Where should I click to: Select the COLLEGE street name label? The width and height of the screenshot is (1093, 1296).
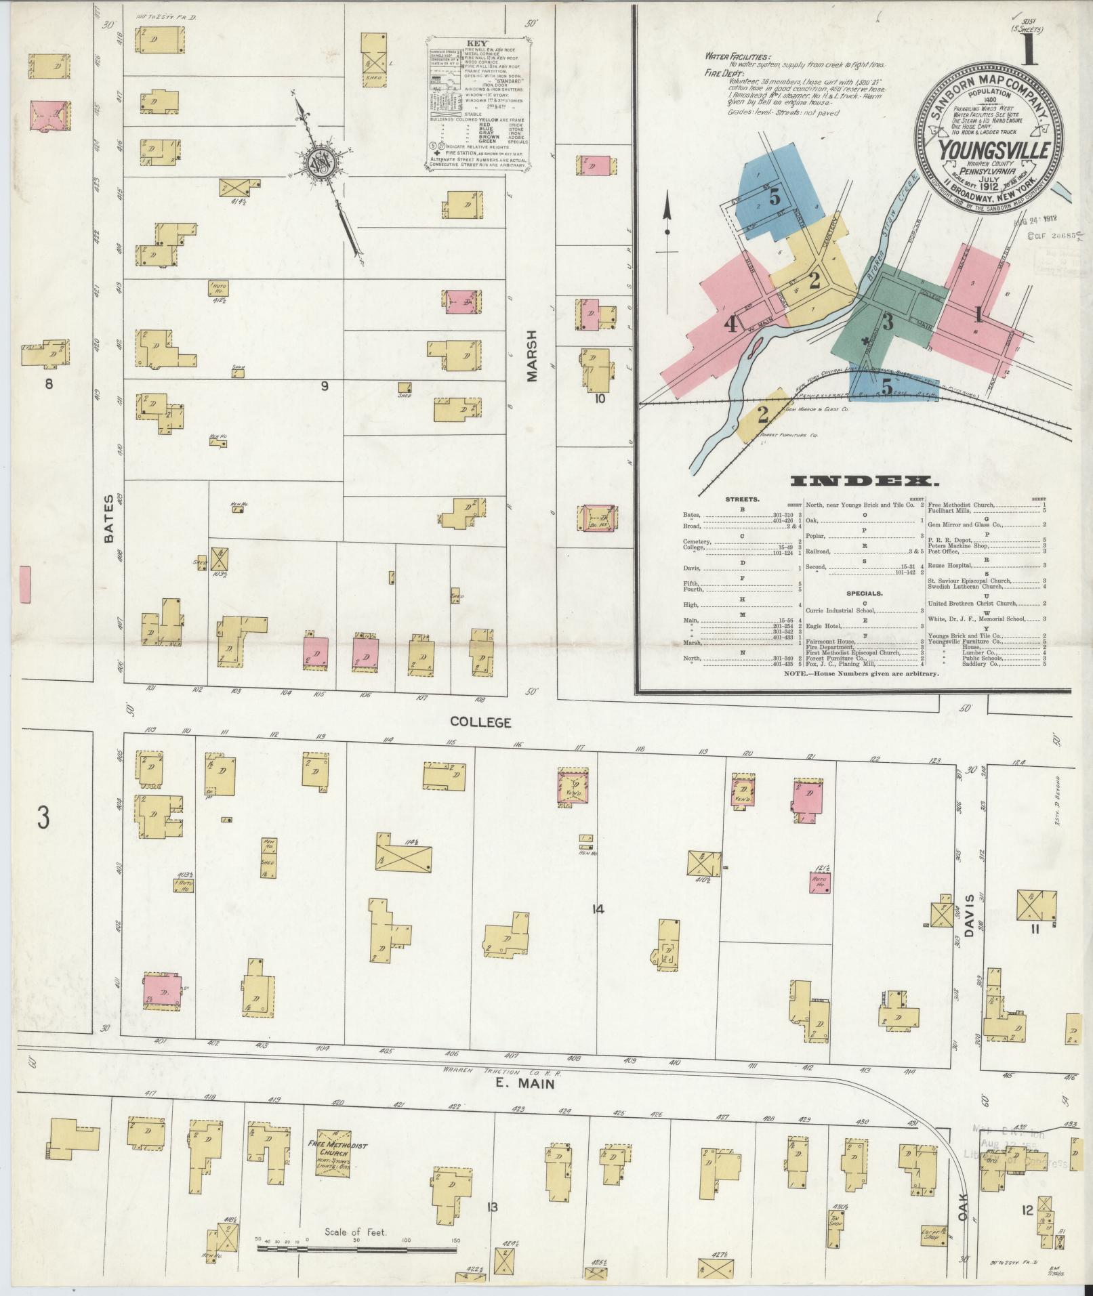point(480,723)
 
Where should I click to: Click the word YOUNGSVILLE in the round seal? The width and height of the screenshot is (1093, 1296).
point(995,150)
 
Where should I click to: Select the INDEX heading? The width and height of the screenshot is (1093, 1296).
point(865,482)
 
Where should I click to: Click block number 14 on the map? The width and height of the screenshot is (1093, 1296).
point(596,909)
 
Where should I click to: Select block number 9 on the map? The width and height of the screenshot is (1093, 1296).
point(325,386)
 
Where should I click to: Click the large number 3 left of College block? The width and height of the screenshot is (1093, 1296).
point(43,818)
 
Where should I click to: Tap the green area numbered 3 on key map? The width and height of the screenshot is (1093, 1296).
point(887,322)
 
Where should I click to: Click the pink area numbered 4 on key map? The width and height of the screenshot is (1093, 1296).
point(730,325)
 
